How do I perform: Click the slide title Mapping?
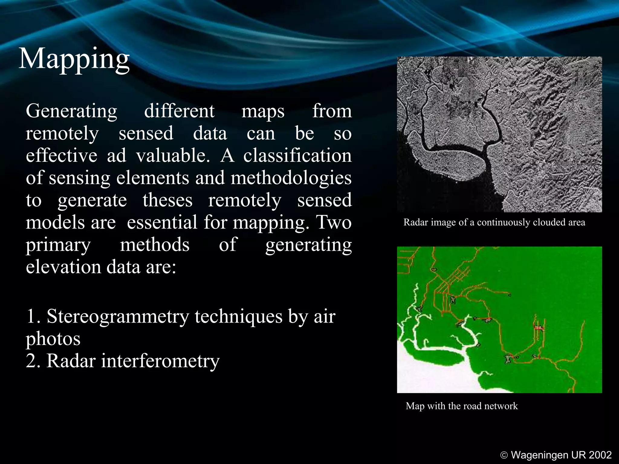[x=74, y=59]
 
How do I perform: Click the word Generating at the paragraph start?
[x=71, y=111]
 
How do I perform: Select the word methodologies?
[x=291, y=178]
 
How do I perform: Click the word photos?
[x=53, y=339]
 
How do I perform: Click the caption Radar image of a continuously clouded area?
[x=494, y=223]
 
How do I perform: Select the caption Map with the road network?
[x=462, y=406]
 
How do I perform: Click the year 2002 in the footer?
[x=600, y=455]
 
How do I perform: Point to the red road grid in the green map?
[x=444, y=290]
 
